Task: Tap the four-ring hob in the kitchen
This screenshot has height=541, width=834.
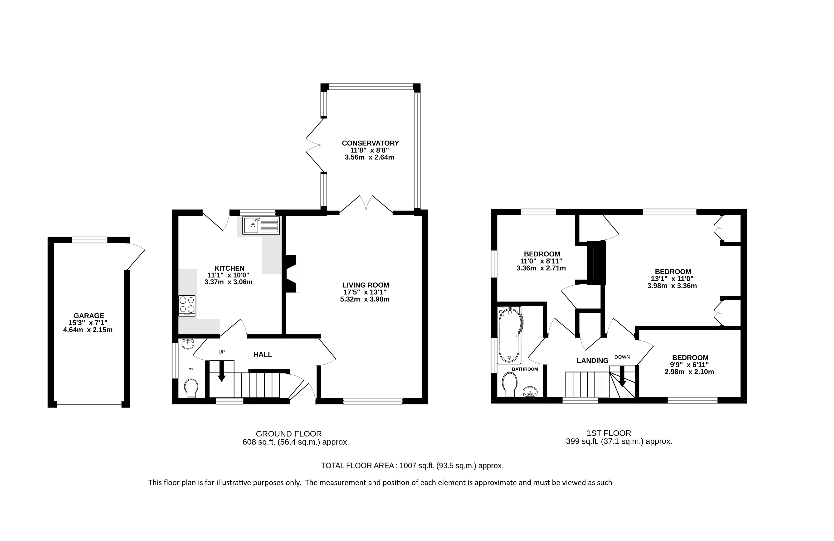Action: click(x=187, y=304)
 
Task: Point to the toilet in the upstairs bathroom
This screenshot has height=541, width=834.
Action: click(x=510, y=384)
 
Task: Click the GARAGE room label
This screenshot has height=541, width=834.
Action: click(x=89, y=316)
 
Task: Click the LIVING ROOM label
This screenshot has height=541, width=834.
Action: click(x=366, y=285)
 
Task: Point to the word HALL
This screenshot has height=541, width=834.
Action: click(x=263, y=354)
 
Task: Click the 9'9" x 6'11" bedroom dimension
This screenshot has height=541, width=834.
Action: click(x=690, y=365)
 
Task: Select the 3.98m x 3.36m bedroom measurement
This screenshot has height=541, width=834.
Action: click(x=672, y=286)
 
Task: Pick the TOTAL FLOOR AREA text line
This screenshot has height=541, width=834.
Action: click(x=412, y=466)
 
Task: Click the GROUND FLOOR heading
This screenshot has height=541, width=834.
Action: click(x=288, y=434)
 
